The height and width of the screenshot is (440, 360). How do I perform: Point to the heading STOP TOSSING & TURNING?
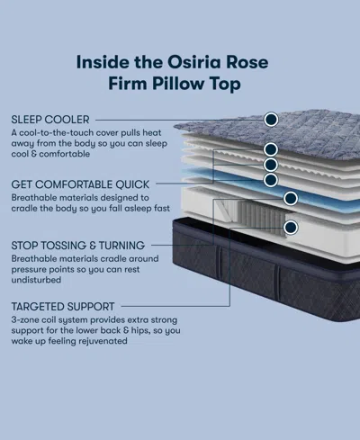77,245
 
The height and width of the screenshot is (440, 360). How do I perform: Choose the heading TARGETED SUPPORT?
63,307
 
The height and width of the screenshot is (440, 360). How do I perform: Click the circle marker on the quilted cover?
271,119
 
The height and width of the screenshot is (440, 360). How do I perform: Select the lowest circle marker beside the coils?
291,228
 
